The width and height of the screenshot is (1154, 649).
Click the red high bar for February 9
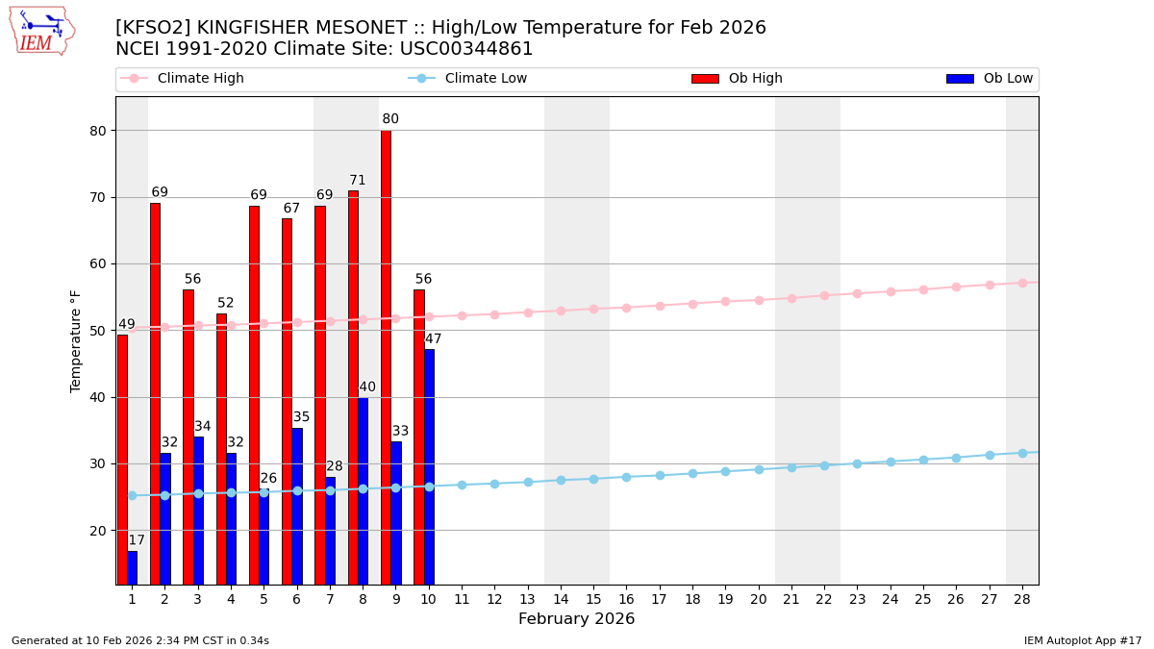point(386,357)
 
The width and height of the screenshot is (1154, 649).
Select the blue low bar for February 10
point(429,466)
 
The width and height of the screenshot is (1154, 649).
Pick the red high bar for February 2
point(155,393)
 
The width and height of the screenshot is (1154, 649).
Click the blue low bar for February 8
point(363,490)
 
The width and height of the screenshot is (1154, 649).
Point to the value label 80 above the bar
point(390,119)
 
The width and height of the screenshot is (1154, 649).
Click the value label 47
point(434,339)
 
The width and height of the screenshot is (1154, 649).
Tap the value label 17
point(137,540)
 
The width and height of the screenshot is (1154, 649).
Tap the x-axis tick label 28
point(1022,599)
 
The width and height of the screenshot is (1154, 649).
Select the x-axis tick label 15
point(593,599)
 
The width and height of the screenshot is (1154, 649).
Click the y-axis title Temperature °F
point(77,340)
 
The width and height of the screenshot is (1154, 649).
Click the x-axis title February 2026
point(576,619)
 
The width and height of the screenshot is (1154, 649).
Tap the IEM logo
point(41,31)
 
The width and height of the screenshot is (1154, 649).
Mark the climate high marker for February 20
point(759,300)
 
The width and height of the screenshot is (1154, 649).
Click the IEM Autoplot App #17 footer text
point(1082,640)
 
